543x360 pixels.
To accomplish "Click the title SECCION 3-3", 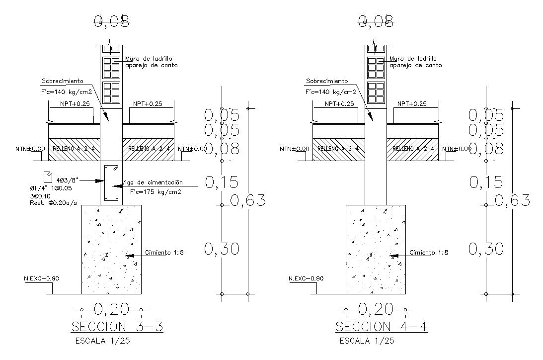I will tap(117, 327).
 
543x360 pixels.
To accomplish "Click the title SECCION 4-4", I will tap(382, 327).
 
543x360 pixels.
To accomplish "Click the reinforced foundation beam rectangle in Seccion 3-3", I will tap(111, 182).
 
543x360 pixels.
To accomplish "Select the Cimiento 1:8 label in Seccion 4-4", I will tap(429, 253).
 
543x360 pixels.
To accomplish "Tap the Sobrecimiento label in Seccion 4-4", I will tap(326, 81).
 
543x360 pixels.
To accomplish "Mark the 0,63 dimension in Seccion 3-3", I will tap(247, 200).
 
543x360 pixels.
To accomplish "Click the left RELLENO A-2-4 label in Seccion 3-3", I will tap(74, 149).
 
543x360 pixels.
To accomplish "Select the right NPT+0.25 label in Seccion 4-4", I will tap(412, 104).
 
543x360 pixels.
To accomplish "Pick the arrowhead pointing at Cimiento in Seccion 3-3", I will tap(130, 256).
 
